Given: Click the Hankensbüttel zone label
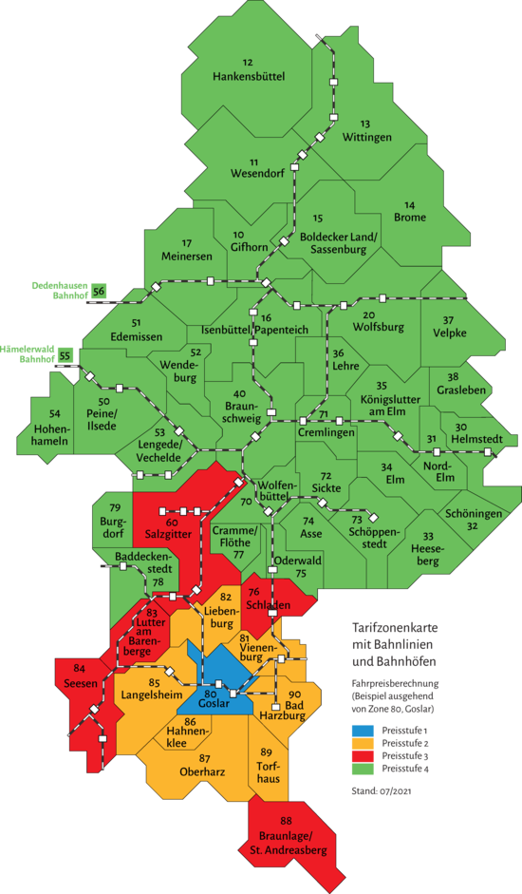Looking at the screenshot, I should coord(249,75).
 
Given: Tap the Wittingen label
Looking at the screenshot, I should coord(367,138).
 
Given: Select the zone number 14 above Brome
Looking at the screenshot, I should coord(410,204).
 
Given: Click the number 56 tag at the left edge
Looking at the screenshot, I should coord(99,292).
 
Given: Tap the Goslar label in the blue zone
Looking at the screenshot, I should coord(214,704).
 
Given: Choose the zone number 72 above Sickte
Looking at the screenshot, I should coord(326,475).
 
